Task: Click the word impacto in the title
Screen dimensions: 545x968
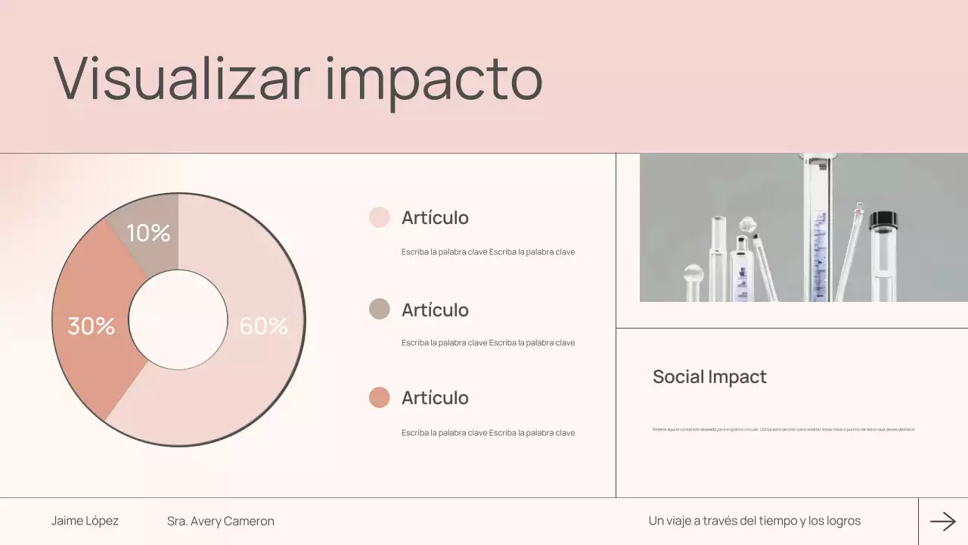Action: click(x=434, y=79)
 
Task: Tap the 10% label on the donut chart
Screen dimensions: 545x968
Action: click(x=148, y=233)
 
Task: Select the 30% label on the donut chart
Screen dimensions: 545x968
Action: click(x=92, y=326)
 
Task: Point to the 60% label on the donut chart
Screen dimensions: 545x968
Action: click(x=263, y=326)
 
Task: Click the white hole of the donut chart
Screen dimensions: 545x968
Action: click(x=178, y=319)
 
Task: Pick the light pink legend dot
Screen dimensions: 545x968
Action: click(x=379, y=217)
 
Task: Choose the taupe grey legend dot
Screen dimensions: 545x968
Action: click(x=379, y=309)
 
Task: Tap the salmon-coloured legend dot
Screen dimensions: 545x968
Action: click(x=379, y=397)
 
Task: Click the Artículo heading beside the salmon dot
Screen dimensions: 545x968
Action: click(x=435, y=398)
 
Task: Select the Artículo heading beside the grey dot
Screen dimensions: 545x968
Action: click(x=435, y=310)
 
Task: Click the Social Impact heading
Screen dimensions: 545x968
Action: click(x=709, y=377)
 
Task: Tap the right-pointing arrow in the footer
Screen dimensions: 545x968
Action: click(x=943, y=521)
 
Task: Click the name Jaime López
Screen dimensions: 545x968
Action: click(x=85, y=521)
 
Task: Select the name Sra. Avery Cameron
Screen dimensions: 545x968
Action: click(x=221, y=522)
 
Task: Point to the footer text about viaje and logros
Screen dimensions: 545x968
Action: click(x=754, y=521)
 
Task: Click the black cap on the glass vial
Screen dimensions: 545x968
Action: click(x=883, y=220)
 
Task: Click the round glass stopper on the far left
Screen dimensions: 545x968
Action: click(x=693, y=273)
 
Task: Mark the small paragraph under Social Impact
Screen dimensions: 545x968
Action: click(x=783, y=429)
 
